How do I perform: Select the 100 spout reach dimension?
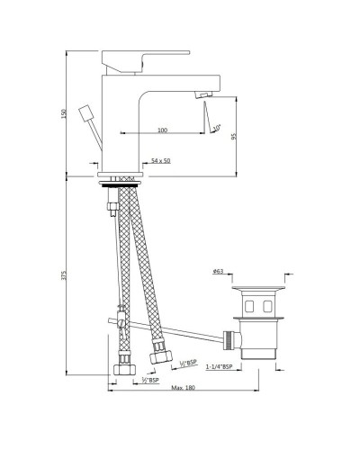click(162, 131)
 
